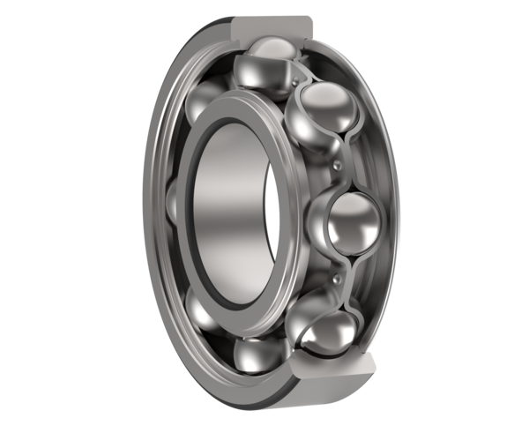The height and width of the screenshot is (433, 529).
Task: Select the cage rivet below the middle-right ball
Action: pyautogui.click(x=336, y=278)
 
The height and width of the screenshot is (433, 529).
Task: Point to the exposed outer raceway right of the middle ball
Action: pyautogui.click(x=388, y=220)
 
